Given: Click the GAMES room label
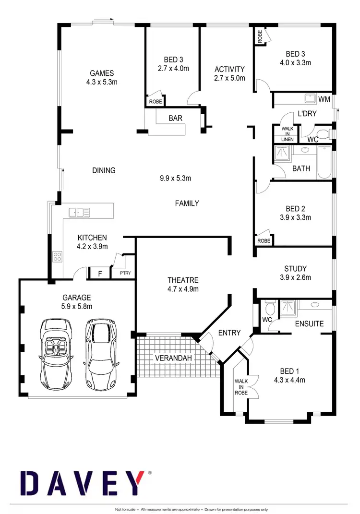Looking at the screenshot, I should [x=102, y=73].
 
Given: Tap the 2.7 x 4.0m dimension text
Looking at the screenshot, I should [x=173, y=68].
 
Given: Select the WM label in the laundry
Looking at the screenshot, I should [x=324, y=99].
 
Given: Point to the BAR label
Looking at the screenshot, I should [x=175, y=118].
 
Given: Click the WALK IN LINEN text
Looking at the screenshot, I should [x=287, y=134].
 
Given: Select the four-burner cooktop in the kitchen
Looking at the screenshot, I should [x=57, y=257].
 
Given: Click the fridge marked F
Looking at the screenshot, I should [x=100, y=274].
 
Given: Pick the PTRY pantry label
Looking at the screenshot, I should [x=125, y=274].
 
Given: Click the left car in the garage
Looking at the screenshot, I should [x=58, y=353].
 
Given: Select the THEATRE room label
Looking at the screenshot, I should [x=183, y=280].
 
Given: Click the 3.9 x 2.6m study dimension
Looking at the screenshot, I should [x=295, y=277].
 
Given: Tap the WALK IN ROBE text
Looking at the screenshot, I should [x=241, y=386].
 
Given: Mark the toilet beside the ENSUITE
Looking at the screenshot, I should [x=269, y=307].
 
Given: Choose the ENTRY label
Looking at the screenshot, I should [x=229, y=333].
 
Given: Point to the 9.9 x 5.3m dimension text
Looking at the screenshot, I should [x=175, y=178].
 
